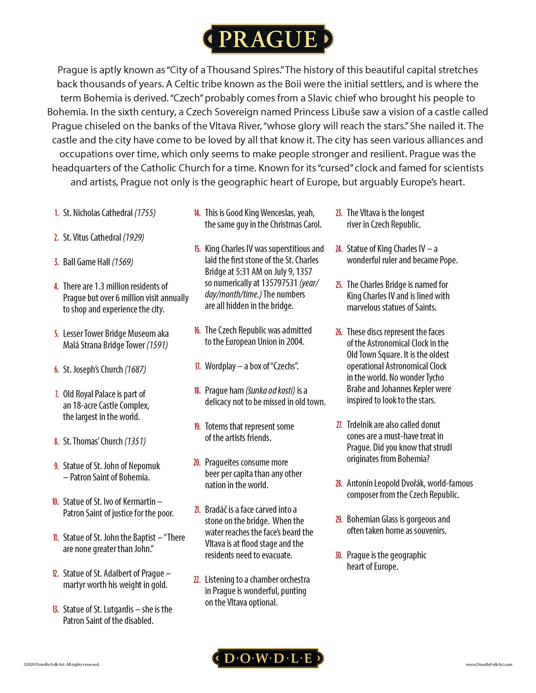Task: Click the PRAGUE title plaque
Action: (x=268, y=39)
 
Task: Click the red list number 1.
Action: (x=56, y=213)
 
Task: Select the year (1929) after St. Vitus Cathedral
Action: (x=133, y=237)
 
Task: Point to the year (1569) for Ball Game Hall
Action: (x=123, y=262)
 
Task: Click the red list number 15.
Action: (x=197, y=249)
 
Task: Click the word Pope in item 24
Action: (x=448, y=261)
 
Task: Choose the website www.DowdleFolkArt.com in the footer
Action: (x=489, y=664)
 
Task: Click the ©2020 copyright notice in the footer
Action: (x=61, y=664)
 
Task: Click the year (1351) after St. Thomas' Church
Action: (x=135, y=441)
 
